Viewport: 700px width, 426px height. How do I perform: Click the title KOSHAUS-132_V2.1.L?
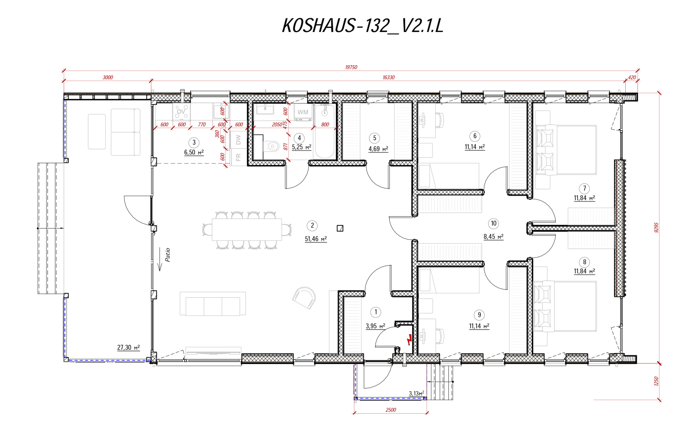coord(362,26)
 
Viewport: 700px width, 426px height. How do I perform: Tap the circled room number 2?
coord(312,225)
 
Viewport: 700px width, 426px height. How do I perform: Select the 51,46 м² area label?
coord(315,239)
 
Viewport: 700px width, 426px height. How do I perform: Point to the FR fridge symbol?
coord(238,157)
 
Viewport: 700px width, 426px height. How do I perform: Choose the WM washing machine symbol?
coord(303,112)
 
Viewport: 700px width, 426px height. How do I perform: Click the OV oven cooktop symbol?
coord(181,111)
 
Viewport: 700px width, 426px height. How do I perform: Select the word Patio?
coord(168,255)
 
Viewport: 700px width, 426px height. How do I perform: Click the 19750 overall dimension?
coord(351,67)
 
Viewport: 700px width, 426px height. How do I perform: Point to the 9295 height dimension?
coord(657,228)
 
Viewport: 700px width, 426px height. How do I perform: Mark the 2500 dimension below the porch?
coord(391,410)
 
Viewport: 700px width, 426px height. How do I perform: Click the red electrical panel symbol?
coord(410,339)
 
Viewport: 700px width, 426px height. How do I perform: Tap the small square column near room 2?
coord(340,228)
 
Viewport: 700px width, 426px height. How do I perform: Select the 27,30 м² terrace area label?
coord(128,348)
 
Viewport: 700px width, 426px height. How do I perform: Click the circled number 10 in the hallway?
coord(493,223)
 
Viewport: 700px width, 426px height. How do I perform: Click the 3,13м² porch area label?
coord(416,393)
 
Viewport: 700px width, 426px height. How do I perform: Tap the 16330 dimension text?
coord(388,78)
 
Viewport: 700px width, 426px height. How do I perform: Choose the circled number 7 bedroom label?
coord(584,188)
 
